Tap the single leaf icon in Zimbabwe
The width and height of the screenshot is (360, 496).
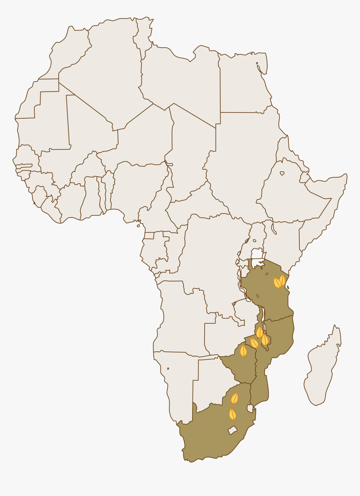pyautogui.click(x=243, y=350)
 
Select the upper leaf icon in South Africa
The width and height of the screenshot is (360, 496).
pyautogui.click(x=235, y=398)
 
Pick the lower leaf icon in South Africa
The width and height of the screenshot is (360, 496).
pyautogui.click(x=232, y=414)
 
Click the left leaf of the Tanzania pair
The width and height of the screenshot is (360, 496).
pyautogui.click(x=277, y=283)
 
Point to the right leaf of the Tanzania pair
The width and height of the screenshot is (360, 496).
pyautogui.click(x=283, y=280)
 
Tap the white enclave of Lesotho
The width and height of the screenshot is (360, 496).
pyautogui.click(x=232, y=430)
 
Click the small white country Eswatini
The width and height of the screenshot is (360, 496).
pyautogui.click(x=250, y=408)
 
